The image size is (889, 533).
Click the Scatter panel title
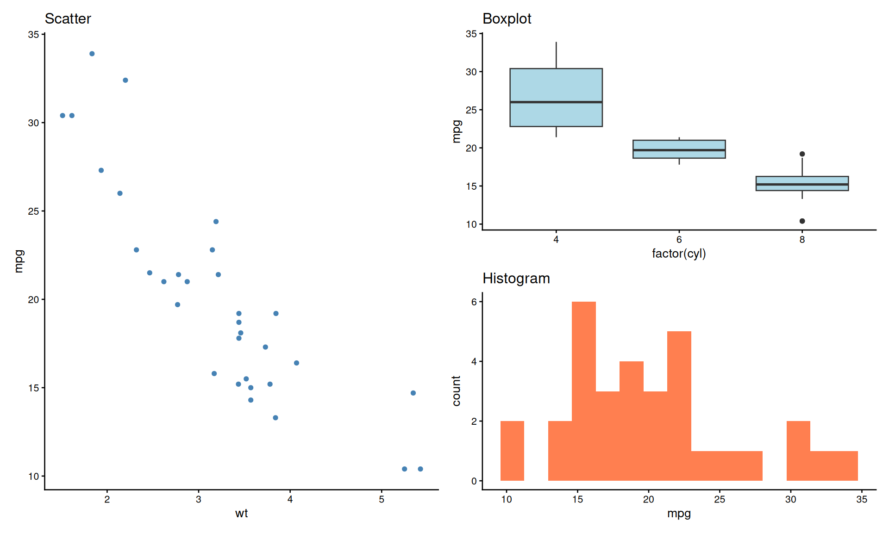click(68, 19)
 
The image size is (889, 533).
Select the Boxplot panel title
click(507, 19)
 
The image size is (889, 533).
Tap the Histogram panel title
click(516, 279)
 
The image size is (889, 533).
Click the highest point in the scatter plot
click(92, 54)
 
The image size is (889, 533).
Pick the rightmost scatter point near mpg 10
click(420, 469)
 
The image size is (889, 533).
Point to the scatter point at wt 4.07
click(296, 363)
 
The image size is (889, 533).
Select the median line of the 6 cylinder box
click(679, 150)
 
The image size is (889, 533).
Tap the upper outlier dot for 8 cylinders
click(802, 154)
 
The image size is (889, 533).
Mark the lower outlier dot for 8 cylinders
click(802, 221)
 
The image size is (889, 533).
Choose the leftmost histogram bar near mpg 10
click(512, 451)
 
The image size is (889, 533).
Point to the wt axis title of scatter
click(241, 514)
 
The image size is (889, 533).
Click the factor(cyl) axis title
click(679, 254)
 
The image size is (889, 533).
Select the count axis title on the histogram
click(457, 391)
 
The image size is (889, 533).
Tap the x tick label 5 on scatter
click(382, 500)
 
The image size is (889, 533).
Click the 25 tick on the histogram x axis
click(720, 500)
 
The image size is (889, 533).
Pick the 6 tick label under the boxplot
click(679, 240)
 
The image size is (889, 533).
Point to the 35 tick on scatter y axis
click(33, 35)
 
